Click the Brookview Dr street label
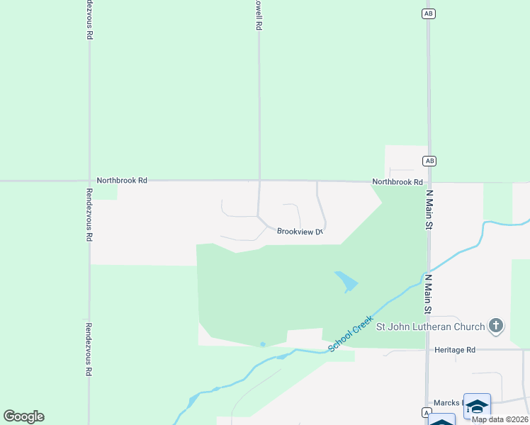click(300, 232)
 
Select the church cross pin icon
click(497, 326)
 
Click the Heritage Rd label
click(455, 350)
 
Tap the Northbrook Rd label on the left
click(122, 181)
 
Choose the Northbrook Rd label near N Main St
click(397, 182)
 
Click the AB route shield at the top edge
click(427, 13)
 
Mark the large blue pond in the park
click(346, 281)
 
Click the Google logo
click(23, 416)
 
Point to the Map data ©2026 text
click(500, 419)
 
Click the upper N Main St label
click(429, 209)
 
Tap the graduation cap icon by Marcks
click(477, 405)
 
